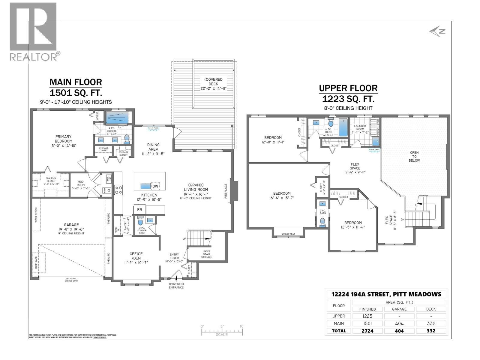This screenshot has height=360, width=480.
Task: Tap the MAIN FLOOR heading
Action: (x=76, y=82)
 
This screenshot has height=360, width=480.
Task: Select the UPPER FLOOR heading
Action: (x=348, y=88)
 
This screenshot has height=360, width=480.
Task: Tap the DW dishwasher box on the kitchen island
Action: (x=155, y=186)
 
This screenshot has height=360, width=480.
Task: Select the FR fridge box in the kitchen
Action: (x=139, y=210)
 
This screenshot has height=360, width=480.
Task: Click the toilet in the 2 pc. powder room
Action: (x=140, y=222)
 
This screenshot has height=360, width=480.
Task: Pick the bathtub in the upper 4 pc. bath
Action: (x=343, y=127)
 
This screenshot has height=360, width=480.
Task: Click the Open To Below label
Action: (x=414, y=156)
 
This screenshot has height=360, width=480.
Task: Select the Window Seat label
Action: (x=288, y=234)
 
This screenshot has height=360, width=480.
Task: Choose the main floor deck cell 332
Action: (x=431, y=323)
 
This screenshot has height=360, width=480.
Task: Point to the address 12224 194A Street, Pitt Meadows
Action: (x=386, y=294)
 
